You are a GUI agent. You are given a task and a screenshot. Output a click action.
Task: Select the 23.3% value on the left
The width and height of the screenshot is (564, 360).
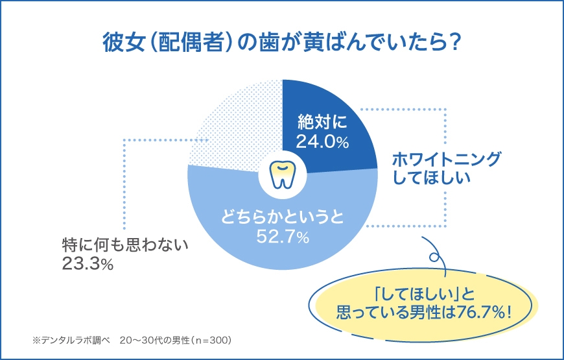(88, 264)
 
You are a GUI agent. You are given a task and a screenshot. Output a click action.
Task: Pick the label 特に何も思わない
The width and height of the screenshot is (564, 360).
(124, 245)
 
